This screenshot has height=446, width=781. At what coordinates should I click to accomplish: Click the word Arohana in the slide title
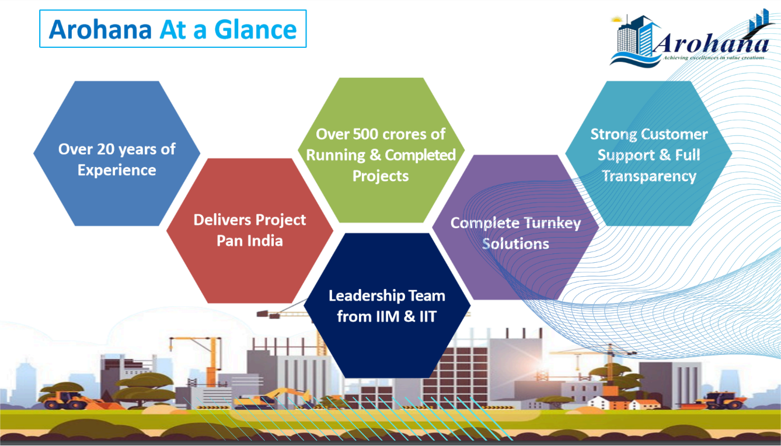click(100, 29)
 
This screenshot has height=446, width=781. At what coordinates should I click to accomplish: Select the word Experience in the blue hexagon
click(117, 170)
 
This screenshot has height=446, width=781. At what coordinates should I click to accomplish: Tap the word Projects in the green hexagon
click(381, 176)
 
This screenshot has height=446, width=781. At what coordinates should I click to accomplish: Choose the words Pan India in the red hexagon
click(250, 241)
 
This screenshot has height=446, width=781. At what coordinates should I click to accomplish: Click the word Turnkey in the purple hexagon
click(552, 223)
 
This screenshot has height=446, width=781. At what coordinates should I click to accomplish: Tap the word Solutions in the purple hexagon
click(515, 243)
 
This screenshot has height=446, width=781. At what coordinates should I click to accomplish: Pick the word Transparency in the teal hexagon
click(649, 176)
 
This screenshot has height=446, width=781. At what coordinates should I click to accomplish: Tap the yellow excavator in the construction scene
click(274, 398)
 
